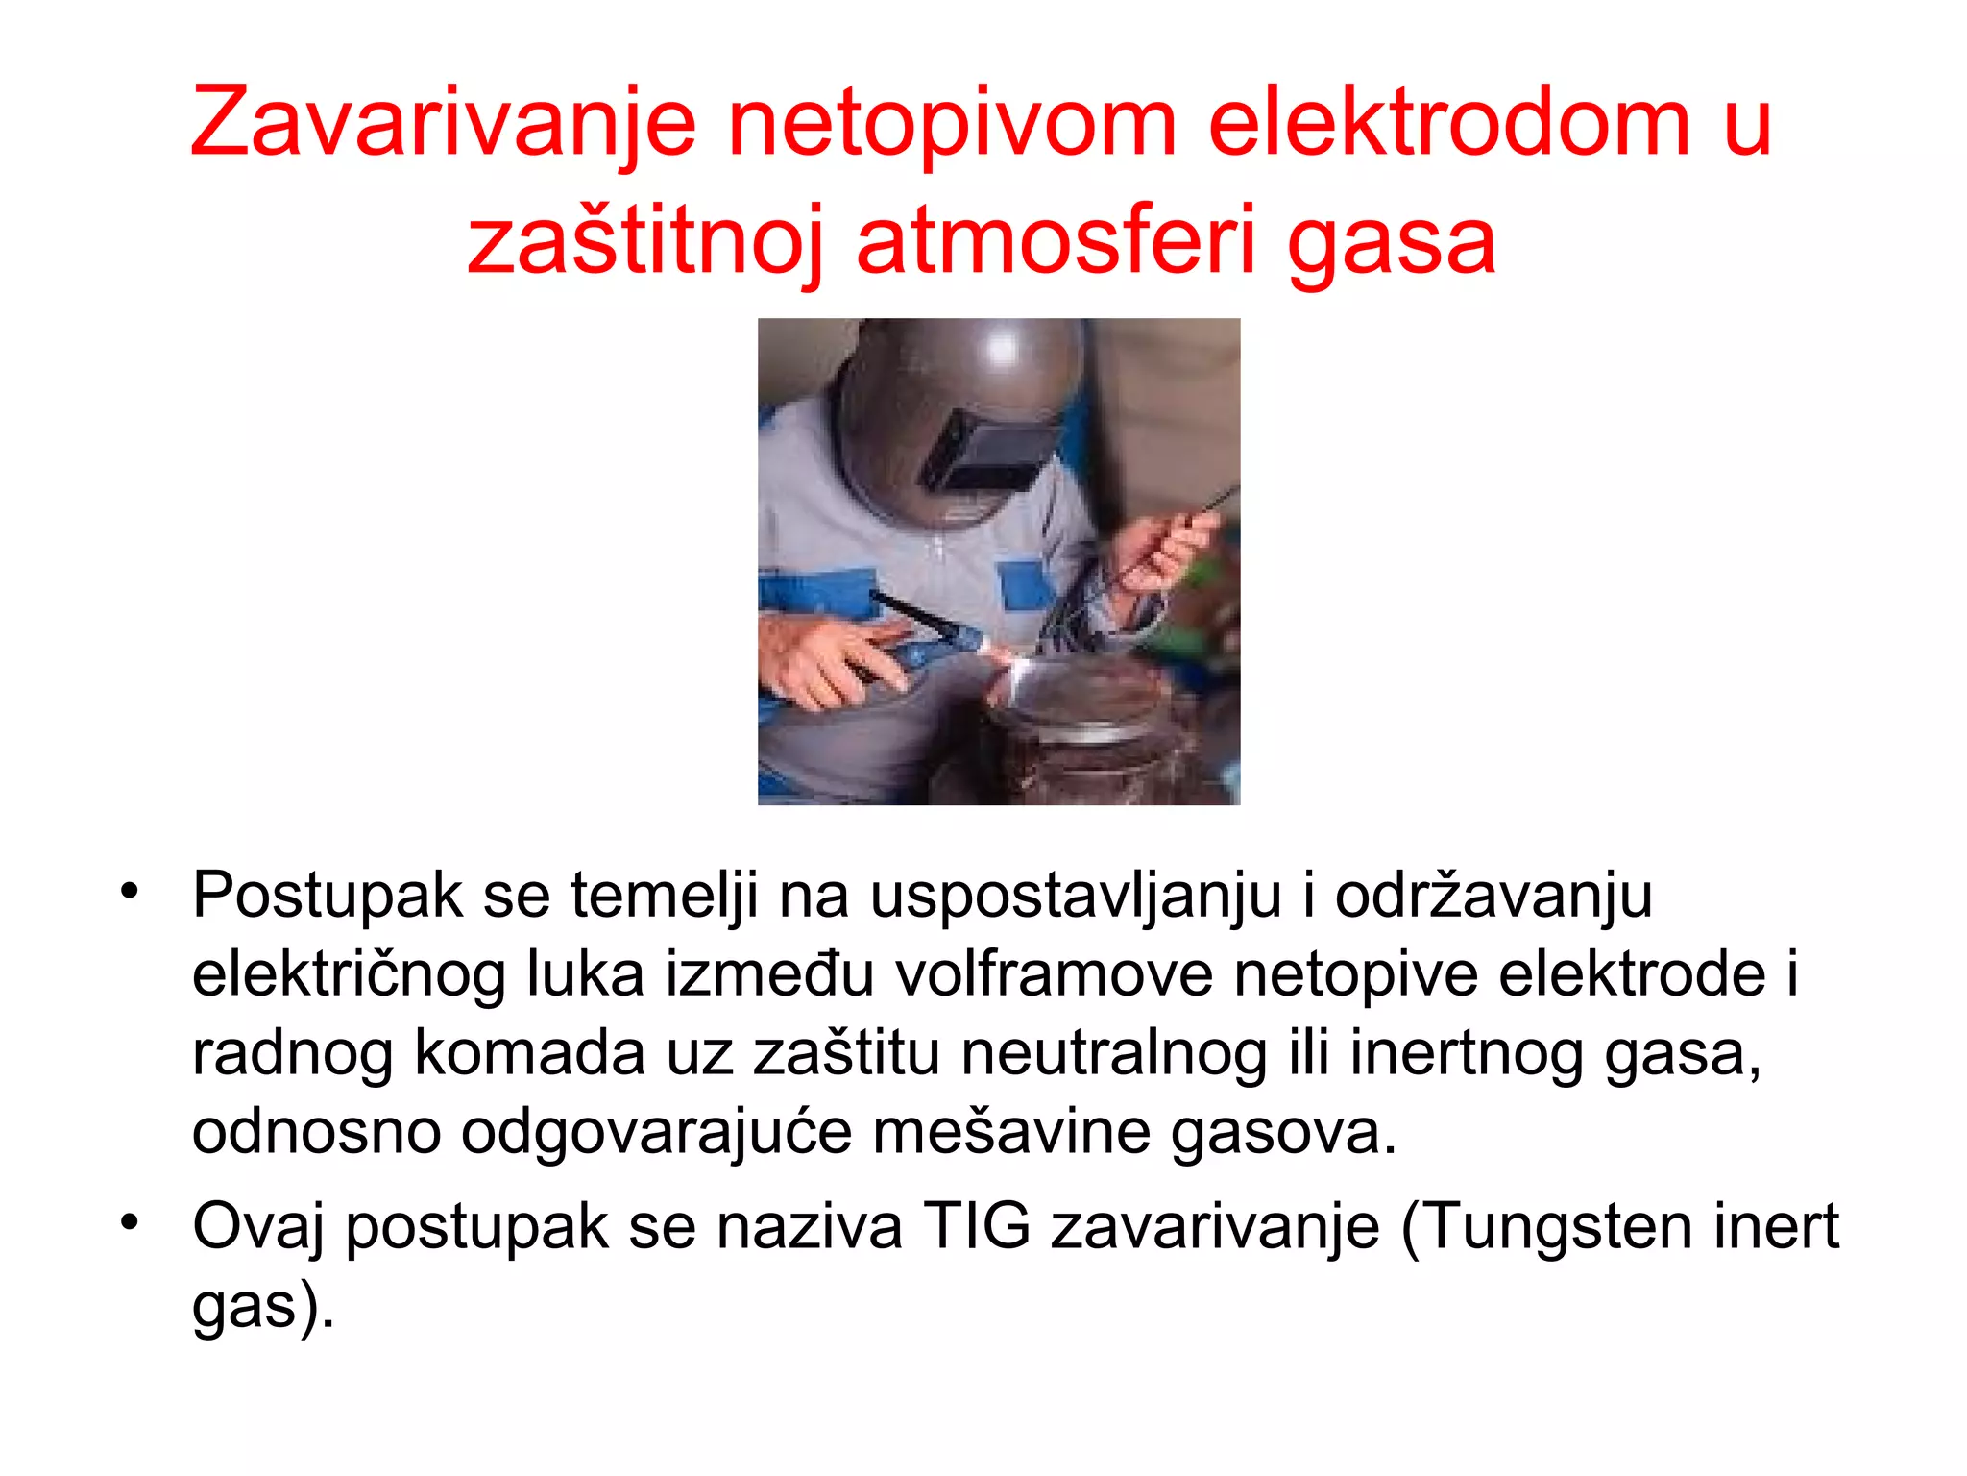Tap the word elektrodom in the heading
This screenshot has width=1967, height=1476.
1448,122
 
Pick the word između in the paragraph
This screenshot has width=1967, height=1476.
769,973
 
